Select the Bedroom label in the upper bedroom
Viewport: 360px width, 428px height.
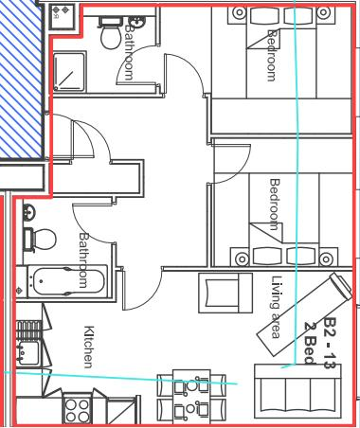[x=273, y=55]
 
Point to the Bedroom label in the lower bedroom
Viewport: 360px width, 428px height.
[x=275, y=205]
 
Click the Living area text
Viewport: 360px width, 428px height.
[x=276, y=307]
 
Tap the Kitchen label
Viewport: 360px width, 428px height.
[x=88, y=347]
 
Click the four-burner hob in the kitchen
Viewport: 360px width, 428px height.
[x=76, y=410]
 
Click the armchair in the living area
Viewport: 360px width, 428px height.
[x=225, y=291]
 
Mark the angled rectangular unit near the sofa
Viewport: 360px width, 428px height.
[x=305, y=314]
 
